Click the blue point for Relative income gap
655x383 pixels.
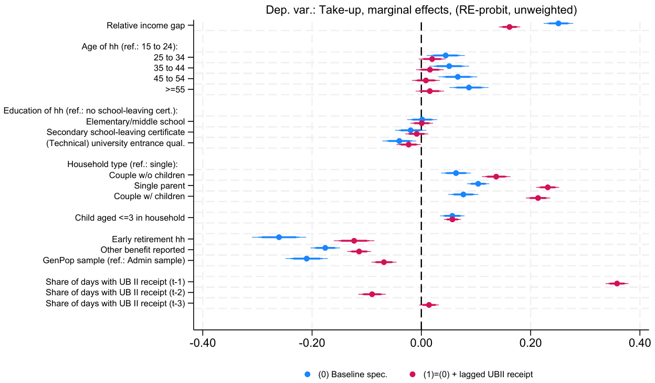(x=558, y=23)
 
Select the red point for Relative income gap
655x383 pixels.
(x=509, y=27)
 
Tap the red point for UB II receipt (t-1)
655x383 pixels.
(x=617, y=284)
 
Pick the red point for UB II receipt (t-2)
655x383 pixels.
(x=372, y=294)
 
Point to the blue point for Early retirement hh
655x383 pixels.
(x=279, y=237)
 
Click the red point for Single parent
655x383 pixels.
(x=547, y=187)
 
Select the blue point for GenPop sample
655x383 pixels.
(x=307, y=258)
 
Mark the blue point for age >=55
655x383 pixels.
(x=469, y=87)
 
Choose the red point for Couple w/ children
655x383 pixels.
(x=538, y=198)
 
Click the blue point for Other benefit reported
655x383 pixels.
(x=325, y=248)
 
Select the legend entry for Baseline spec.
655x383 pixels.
(x=352, y=375)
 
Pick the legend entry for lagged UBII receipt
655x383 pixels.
(x=478, y=375)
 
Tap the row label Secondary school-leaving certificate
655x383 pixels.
(x=115, y=132)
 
